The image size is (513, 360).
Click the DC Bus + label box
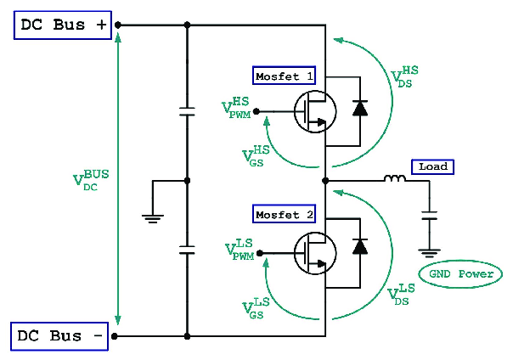[62, 25]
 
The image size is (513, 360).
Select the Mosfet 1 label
[285, 76]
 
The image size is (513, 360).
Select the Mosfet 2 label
[285, 215]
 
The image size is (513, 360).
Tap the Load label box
[432, 166]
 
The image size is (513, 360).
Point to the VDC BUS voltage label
[91, 180]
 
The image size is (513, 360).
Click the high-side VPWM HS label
[238, 106]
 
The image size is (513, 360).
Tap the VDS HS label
[405, 76]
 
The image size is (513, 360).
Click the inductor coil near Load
[394, 179]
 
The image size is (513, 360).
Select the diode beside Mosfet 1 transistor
[359, 108]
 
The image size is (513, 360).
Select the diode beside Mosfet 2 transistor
[359, 246]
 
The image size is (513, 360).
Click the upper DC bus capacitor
[187, 111]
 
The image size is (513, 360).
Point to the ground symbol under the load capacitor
[431, 252]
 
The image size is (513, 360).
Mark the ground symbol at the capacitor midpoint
[153, 217]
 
